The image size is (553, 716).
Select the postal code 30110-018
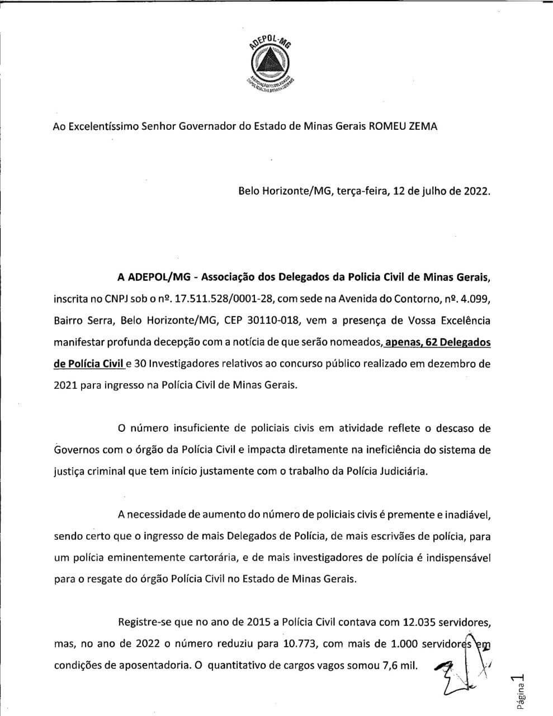click(278, 321)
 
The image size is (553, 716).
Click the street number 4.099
click(475, 299)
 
